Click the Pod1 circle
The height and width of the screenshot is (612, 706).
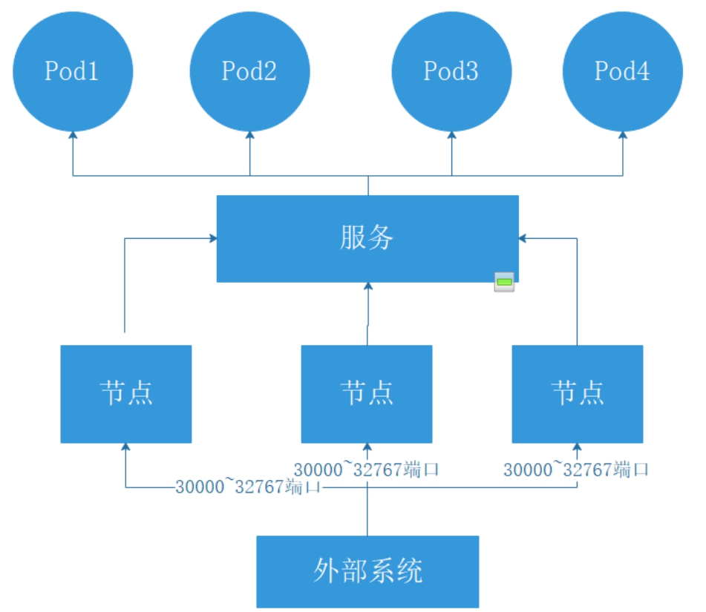73,71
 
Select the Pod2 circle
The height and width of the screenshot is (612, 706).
249,71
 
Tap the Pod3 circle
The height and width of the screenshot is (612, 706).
451,71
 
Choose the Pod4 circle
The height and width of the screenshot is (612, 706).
622,71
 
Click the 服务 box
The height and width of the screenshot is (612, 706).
367,238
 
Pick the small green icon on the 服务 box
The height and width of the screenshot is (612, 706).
505,282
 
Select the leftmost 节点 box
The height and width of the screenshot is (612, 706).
125,393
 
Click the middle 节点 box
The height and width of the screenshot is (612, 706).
367,393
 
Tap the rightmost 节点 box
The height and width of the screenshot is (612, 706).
578,393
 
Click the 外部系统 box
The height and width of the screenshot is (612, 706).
367,571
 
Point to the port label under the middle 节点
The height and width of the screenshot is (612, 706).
367,470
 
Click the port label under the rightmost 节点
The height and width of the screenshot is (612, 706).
576,470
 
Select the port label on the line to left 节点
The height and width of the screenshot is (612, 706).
248,487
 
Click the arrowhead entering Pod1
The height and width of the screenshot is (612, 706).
73,136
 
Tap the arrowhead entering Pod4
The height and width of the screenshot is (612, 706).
622,136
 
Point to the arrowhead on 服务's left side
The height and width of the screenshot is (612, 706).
213,238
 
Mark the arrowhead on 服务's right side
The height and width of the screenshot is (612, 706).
522,238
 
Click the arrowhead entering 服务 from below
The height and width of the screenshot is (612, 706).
367,286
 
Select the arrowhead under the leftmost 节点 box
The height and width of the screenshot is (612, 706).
125,447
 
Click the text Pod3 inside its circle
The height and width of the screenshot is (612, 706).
451,71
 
